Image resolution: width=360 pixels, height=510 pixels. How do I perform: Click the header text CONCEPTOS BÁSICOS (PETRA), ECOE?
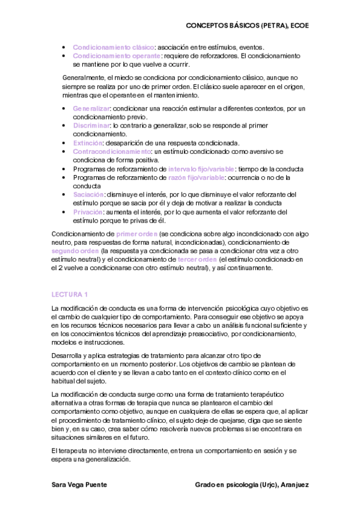(248, 25)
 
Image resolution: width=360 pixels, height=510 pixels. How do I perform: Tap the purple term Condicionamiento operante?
(116, 55)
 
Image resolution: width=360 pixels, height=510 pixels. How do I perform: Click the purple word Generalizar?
(91, 108)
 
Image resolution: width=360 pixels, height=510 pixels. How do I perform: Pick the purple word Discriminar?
(91, 126)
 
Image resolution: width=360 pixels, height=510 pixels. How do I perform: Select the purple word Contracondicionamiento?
(112, 152)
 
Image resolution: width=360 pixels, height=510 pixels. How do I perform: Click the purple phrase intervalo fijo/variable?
(201, 170)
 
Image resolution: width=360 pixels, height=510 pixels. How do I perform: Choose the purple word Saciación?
(88, 195)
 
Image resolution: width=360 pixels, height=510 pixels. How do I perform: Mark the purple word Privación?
(88, 212)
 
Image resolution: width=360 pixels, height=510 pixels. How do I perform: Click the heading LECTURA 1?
(70, 294)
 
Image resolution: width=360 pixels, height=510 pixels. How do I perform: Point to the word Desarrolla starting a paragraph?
(70, 356)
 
